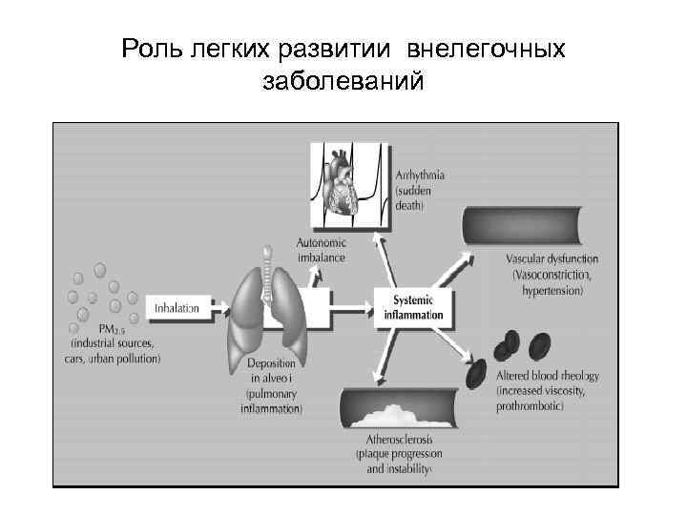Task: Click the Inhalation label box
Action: point(177,308)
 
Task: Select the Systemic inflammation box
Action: point(413,307)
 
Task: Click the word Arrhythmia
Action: point(421,175)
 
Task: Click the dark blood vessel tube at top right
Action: point(528,225)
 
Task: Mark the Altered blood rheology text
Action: point(548,377)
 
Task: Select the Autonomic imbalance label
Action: point(322,251)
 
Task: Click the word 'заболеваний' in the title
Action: point(343,82)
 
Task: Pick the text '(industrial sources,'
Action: point(113,343)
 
